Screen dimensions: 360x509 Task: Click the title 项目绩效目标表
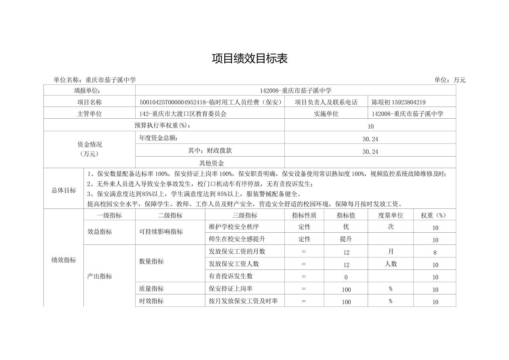(x=249, y=59)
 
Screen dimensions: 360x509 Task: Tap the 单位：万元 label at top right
(x=450, y=80)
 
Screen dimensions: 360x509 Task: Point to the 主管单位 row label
(x=89, y=114)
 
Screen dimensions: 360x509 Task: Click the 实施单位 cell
(x=326, y=114)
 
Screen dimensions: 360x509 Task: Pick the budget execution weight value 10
(x=370, y=126)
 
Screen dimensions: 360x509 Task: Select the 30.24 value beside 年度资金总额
(x=370, y=139)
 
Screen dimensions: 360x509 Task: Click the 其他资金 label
(x=211, y=163)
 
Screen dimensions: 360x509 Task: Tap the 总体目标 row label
(x=64, y=190)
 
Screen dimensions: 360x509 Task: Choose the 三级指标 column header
(x=244, y=215)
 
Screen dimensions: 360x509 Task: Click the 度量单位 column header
(x=390, y=215)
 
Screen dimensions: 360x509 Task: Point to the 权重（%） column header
(x=434, y=215)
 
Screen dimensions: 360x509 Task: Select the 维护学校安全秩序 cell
(x=234, y=227)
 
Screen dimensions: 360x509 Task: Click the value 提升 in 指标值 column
(x=346, y=239)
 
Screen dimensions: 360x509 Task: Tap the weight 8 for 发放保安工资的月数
(x=435, y=252)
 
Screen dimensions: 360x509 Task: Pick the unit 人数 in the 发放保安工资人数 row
(x=390, y=264)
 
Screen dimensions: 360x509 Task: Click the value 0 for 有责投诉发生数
(x=346, y=277)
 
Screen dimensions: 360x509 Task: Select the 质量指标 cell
(x=151, y=289)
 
